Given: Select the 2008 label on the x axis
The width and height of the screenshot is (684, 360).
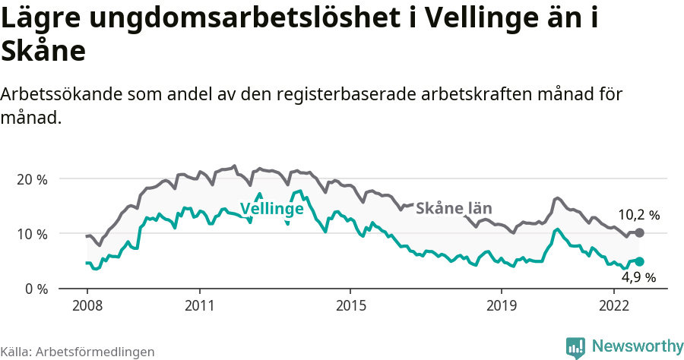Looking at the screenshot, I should [x=87, y=305].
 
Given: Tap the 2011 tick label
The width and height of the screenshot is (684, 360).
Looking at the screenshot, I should [x=199, y=305].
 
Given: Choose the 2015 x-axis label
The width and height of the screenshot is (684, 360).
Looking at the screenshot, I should [x=350, y=305].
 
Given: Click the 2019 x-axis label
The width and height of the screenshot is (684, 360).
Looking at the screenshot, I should [x=501, y=305].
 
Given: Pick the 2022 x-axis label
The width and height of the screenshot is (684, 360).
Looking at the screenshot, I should [x=613, y=305].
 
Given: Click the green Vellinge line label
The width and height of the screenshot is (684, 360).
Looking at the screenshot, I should [x=271, y=209].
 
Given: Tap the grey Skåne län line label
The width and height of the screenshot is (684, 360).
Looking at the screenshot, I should [x=454, y=207].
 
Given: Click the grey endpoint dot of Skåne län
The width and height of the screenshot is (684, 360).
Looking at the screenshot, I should [x=639, y=232].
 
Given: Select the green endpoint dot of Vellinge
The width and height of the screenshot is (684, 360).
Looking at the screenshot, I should [x=639, y=261].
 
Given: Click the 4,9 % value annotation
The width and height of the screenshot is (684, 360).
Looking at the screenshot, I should [x=638, y=277].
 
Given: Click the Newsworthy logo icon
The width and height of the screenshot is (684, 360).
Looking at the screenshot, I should [x=575, y=347].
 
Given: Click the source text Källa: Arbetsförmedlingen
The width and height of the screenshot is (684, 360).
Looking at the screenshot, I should [x=78, y=352].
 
